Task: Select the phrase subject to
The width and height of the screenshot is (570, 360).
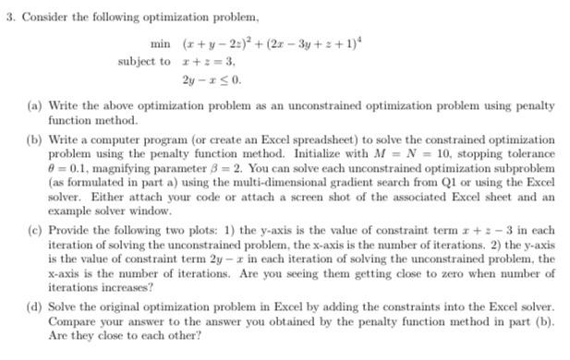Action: coord(144,61)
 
